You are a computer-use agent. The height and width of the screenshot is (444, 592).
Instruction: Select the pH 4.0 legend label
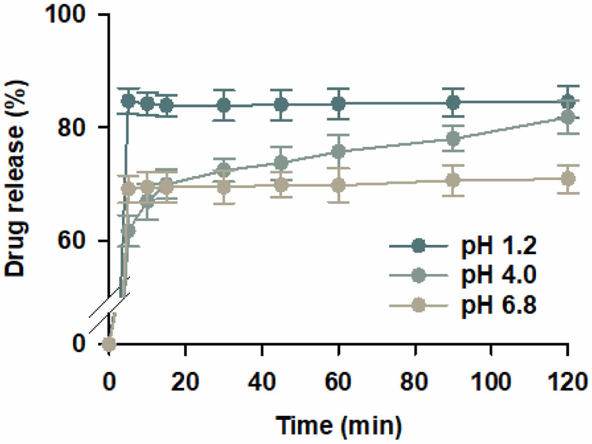tap(499, 276)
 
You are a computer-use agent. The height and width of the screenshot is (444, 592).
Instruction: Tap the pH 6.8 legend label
tap(499, 306)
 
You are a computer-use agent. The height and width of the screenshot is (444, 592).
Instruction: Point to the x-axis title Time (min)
tap(339, 426)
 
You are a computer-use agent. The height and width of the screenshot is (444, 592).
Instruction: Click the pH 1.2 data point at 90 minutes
tap(453, 103)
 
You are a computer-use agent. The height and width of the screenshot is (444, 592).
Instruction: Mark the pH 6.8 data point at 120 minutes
tap(567, 179)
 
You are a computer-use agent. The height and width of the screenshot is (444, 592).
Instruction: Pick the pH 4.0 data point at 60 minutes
tap(339, 151)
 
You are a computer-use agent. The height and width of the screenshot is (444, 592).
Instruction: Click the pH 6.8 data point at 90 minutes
tap(453, 180)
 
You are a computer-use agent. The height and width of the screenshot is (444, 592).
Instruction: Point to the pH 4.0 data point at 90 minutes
tap(453, 138)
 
